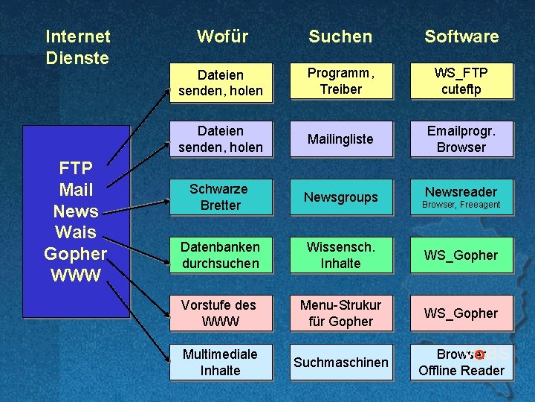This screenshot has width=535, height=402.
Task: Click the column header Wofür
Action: tap(222, 36)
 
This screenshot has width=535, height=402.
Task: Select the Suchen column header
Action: tap(340, 36)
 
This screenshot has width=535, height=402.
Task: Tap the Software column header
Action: tap(461, 36)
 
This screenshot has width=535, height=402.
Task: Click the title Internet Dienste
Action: tap(77, 46)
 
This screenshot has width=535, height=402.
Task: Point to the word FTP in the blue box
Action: tap(76, 168)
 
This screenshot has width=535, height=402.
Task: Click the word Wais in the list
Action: tap(76, 232)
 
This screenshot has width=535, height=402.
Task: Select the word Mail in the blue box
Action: tap(76, 190)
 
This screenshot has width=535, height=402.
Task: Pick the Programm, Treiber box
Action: tap(340, 81)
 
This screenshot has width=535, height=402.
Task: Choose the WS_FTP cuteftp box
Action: tap(461, 81)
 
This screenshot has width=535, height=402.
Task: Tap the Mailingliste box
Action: tap(340, 139)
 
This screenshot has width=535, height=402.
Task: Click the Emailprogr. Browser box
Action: tap(461, 139)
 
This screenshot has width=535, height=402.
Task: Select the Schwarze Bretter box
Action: tap(220, 197)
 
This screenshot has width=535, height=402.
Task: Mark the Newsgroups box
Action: tap(340, 197)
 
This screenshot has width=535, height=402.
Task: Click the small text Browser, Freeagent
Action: tap(461, 205)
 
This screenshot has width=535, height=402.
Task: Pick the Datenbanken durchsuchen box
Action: tap(220, 255)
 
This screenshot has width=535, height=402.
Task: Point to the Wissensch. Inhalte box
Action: tap(340, 255)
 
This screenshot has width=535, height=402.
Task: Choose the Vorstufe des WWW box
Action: tap(220, 313)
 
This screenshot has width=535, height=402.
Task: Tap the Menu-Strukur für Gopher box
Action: tap(340, 313)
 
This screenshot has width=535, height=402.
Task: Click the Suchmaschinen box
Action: tap(340, 363)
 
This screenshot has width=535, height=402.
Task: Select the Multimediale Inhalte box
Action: tap(220, 363)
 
